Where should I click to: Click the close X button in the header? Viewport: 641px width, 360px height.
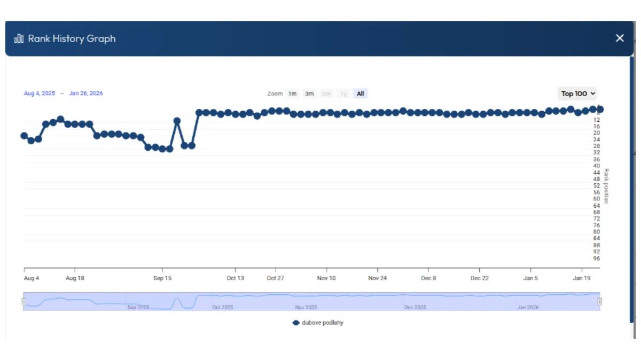point(620,38)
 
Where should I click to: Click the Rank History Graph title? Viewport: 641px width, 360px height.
point(72,38)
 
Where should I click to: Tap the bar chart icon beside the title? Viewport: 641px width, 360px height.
point(19,38)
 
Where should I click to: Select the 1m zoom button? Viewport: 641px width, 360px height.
point(292,94)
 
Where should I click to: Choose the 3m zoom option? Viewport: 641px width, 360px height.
point(309,94)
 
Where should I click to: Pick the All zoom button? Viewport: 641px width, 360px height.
point(361,94)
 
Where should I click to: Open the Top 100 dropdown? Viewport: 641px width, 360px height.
point(577,94)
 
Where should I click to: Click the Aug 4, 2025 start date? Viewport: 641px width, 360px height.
point(40,93)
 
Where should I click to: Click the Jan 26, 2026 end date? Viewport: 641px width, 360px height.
point(86,93)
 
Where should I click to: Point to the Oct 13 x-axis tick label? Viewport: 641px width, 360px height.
point(235,278)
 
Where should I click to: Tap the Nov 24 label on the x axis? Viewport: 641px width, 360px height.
point(378,278)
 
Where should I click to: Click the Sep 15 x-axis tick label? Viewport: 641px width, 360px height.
point(162,278)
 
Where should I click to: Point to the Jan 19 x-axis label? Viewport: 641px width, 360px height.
point(582,278)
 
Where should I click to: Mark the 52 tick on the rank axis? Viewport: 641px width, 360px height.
point(597,186)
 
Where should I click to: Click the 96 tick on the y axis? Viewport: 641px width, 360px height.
point(597,259)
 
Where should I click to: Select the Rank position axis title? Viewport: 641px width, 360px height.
point(606,186)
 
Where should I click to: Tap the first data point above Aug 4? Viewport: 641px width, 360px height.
point(24,136)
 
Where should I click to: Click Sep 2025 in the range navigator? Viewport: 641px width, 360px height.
point(138,307)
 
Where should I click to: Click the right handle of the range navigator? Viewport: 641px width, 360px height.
point(600,302)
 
